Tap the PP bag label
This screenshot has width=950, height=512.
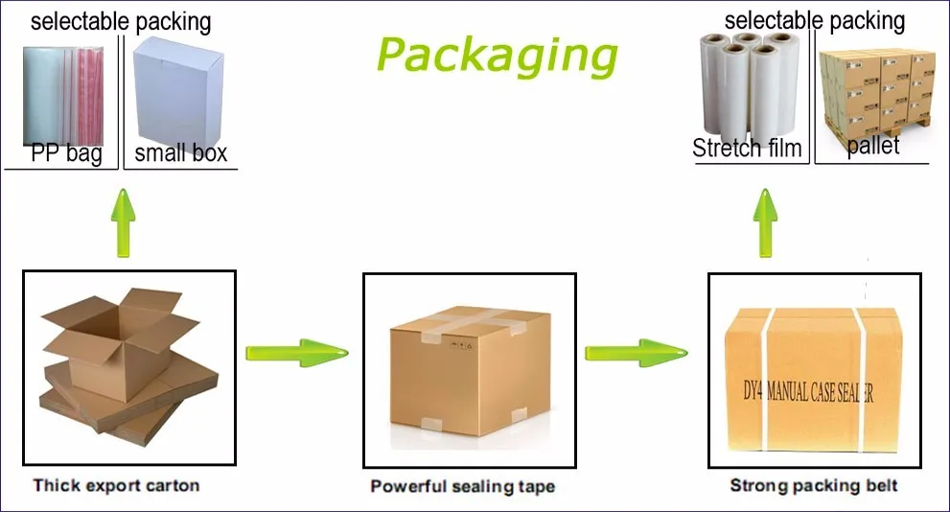tap(67, 153)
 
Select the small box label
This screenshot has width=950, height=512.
tap(180, 153)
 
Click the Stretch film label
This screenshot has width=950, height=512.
tap(747, 149)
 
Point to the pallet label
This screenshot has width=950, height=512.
tap(873, 146)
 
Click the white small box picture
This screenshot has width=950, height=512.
tap(178, 91)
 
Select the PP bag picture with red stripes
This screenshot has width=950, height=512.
tap(63, 96)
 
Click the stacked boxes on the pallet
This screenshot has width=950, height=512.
tap(877, 94)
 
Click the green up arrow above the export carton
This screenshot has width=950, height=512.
tap(124, 222)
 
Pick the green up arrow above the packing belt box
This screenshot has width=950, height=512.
tap(766, 222)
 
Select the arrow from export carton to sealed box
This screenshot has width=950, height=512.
tap(297, 353)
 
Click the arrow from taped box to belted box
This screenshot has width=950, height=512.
tap(637, 353)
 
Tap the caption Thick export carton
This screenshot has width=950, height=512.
tap(116, 485)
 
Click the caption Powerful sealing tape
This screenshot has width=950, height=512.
tap(463, 486)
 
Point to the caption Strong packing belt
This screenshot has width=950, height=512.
tap(814, 485)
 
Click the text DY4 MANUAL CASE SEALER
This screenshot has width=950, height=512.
tap(808, 392)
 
